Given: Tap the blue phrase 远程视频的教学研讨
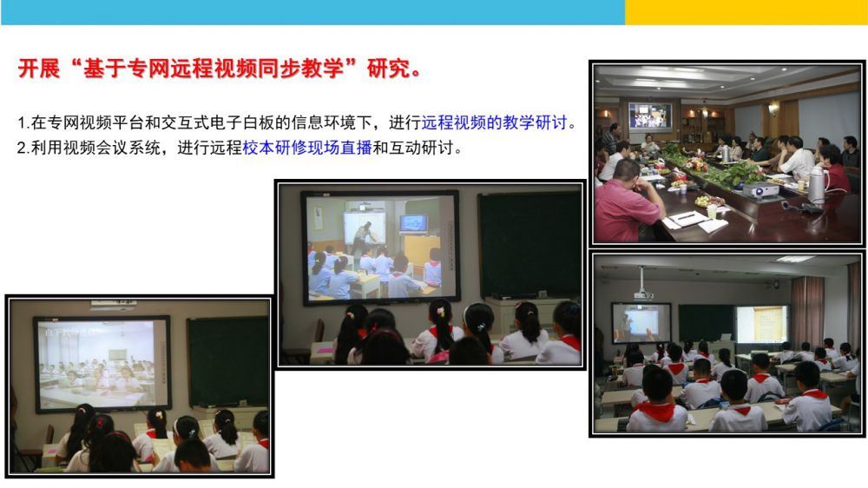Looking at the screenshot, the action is (495, 122).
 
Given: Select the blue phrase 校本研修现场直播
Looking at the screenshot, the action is (307, 148).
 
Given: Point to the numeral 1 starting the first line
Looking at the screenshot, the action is (21, 123).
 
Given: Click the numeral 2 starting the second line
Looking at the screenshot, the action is (22, 148).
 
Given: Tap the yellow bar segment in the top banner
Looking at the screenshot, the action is (746, 12).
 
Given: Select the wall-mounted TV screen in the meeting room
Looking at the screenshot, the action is (650, 115).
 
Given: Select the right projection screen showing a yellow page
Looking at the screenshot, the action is (762, 324).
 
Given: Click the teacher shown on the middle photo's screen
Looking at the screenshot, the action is (363, 236).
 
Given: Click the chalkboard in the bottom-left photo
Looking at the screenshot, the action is (227, 362).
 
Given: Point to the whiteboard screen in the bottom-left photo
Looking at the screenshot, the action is (102, 363).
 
